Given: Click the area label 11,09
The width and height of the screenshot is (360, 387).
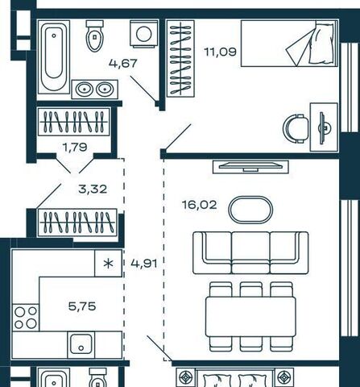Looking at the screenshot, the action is tap(221, 52).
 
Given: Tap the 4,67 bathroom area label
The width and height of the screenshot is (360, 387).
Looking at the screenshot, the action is tap(123, 64).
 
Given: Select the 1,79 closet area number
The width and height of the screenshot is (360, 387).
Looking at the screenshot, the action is tap(75, 147).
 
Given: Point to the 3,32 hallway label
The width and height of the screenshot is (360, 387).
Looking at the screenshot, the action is tap(93, 189).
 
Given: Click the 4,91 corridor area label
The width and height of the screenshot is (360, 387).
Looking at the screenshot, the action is tap(144, 264).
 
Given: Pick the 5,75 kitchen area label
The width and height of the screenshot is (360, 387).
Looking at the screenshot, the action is tap(82, 306).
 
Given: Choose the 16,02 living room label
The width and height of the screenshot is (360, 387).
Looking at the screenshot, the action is tap(200, 205).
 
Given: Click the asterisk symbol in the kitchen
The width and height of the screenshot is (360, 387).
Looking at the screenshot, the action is tap(109, 264).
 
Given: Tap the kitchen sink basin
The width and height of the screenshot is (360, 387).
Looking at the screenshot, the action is tap(81, 344).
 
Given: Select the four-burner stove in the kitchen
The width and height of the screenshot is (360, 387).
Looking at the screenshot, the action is tap(26, 318).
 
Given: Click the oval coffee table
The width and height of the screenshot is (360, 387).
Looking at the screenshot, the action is tap(250, 210).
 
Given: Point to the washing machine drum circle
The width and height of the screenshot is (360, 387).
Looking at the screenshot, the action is tap(144, 34).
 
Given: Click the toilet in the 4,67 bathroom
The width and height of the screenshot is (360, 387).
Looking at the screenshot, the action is tap(94, 36).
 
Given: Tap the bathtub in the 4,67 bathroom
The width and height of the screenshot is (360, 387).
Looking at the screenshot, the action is tap(54, 56).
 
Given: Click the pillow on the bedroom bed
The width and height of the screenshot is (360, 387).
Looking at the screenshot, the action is tap(321, 44).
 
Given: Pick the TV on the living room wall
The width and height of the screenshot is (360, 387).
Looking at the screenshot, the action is tap(250, 167).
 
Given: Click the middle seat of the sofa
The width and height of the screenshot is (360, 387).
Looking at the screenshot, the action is tap(250, 252).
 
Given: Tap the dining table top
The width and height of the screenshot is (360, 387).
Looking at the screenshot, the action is tap(250, 317).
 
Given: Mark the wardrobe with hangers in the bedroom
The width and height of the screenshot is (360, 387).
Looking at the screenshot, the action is tap(180, 58).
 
